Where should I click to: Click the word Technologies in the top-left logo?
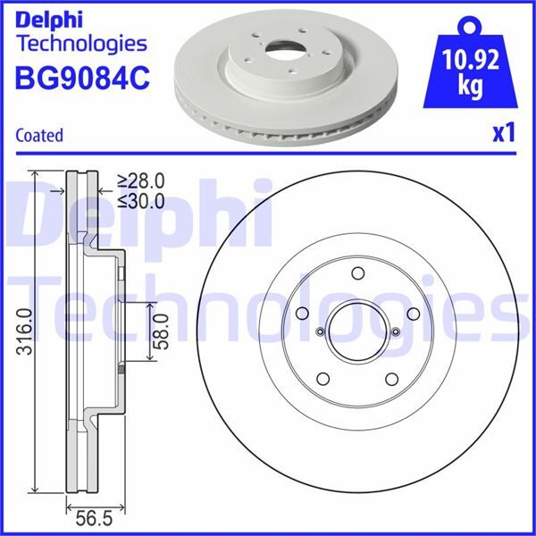tap(81, 43)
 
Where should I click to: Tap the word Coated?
tap(39, 136)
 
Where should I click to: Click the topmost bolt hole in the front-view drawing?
tap(357, 274)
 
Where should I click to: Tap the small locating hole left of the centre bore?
tap(319, 333)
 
